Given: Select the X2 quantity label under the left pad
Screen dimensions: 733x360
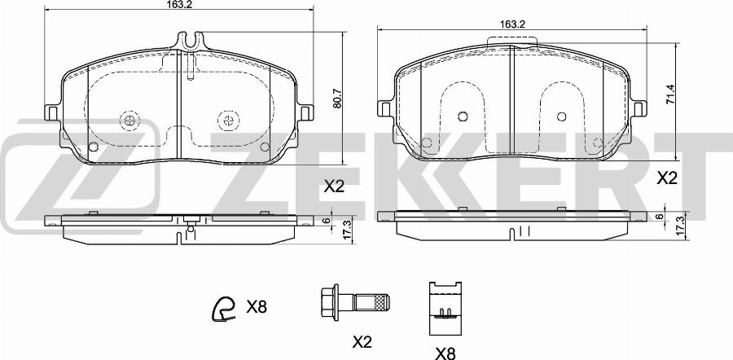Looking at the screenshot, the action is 334,187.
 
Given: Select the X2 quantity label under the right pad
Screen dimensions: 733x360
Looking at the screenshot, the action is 667,178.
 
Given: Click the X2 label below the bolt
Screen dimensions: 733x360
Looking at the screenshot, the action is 362,343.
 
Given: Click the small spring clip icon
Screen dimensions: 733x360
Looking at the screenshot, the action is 223,309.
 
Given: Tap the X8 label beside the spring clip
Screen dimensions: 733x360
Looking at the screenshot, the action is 257,307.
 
